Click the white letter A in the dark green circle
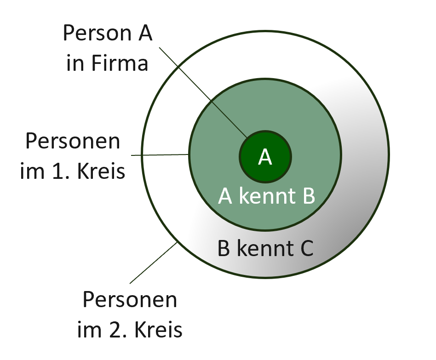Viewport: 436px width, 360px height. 265,157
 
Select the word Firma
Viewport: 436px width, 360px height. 120,63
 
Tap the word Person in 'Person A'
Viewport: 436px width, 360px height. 97,33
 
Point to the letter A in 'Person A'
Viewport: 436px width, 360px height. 144,33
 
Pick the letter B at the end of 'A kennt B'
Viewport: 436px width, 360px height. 308,196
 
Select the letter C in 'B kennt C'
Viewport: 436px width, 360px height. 307,248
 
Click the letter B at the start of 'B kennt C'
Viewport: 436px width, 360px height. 224,248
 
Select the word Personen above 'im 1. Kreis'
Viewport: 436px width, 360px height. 73,141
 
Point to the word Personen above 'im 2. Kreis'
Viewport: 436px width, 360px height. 130,300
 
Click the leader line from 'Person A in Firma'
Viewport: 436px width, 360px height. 203,93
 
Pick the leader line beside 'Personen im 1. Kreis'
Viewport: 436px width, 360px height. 160,155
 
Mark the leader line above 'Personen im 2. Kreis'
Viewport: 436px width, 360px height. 154,263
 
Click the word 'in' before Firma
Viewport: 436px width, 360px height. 75,63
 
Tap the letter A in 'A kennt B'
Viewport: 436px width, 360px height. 225,196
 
